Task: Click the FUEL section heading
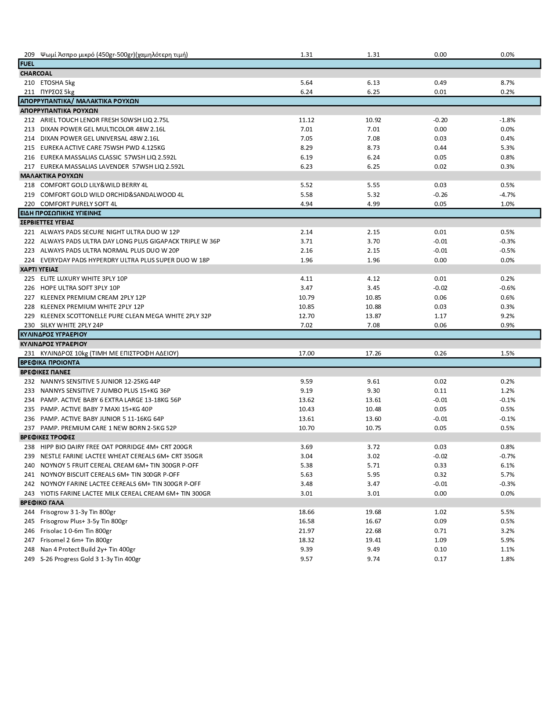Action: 27,64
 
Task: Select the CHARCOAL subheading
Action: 36,73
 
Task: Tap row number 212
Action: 29,120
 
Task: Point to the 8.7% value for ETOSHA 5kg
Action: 507,83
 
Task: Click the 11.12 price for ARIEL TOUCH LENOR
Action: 306,120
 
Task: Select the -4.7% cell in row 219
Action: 507,195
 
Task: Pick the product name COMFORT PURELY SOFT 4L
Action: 79,204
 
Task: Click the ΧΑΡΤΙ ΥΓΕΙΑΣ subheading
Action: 39,269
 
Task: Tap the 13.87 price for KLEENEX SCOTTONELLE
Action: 373,316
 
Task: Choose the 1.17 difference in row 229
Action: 440,316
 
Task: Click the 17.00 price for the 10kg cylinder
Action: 306,353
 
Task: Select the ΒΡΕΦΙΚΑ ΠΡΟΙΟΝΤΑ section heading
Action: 50,363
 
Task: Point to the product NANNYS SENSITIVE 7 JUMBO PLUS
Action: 105,391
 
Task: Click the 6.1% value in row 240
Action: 507,465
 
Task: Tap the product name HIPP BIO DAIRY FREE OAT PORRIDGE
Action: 116,447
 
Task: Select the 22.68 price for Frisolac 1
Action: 373,531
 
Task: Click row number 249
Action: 29,559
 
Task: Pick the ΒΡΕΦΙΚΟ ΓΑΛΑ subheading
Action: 42,503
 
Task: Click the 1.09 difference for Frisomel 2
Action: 440,540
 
